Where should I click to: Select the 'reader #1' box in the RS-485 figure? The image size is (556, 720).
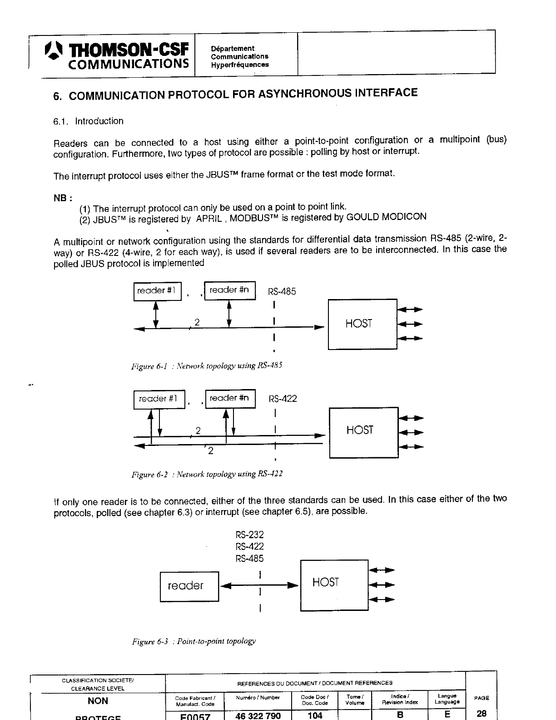157,291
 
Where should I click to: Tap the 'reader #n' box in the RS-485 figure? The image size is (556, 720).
230,290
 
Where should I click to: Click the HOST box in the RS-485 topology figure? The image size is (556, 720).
362,324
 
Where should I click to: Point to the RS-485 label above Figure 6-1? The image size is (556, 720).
282,292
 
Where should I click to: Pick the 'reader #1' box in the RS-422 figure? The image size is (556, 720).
159,399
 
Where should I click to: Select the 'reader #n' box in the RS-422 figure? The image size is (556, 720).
230,399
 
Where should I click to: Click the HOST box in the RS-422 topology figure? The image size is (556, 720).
363,432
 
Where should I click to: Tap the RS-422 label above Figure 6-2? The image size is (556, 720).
283,399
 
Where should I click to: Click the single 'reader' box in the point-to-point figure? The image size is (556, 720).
189,586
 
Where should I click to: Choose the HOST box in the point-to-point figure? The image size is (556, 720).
334,585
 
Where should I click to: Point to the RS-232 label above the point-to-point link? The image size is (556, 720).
249,535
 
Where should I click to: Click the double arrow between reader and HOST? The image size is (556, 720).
259,585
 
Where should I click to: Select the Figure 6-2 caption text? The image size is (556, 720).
207,475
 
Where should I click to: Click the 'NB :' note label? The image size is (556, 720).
63,198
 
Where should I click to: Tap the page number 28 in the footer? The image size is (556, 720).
482,714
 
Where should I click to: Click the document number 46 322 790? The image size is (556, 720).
258,715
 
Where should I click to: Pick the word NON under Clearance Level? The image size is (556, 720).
98,701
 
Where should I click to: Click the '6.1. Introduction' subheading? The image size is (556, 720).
88,121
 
